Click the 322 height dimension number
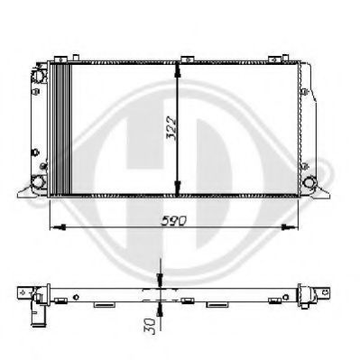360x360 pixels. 171,129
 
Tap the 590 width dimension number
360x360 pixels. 174,221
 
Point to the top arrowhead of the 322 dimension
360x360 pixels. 178,70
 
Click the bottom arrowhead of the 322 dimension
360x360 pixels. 178,188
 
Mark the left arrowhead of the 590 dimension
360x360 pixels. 59,226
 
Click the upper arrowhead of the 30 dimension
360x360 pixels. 160,279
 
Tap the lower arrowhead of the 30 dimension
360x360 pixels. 160,309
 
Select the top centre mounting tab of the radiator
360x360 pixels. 187,60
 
